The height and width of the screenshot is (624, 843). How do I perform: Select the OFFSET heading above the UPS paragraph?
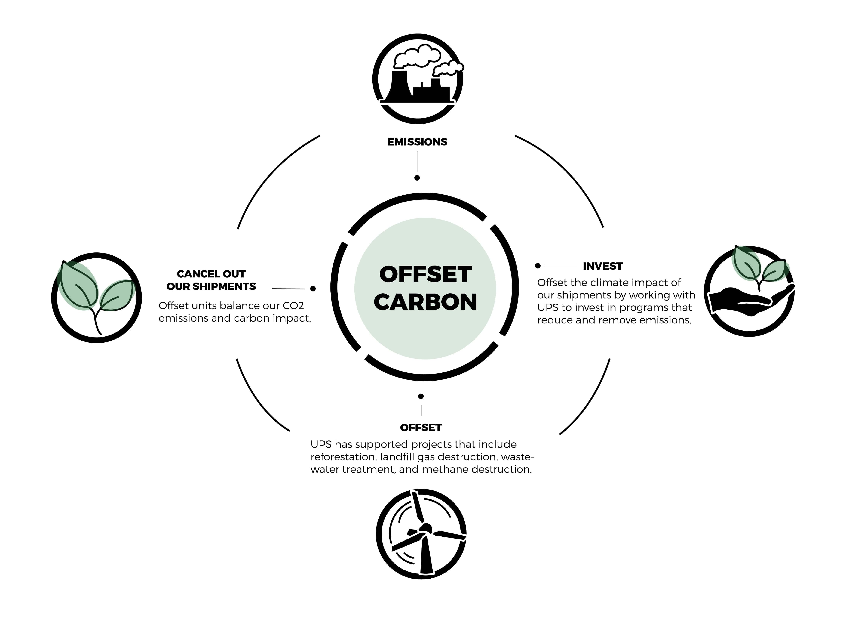pyautogui.click(x=421, y=428)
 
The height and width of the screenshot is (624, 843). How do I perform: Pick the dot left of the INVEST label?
pyautogui.click(x=538, y=266)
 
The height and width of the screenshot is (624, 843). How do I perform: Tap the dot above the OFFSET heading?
pyautogui.click(x=421, y=396)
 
